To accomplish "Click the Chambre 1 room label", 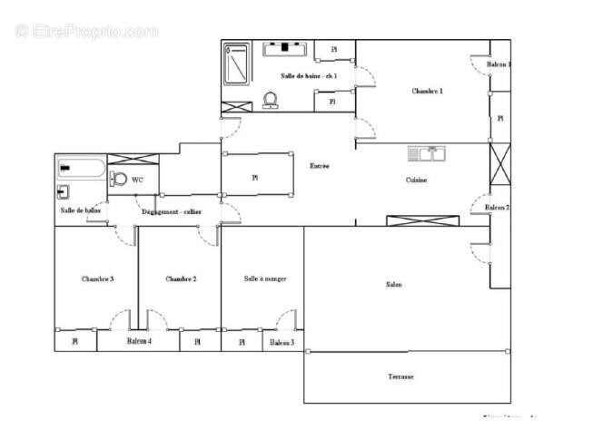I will tap(427, 91).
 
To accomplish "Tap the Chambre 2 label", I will tap(181, 279).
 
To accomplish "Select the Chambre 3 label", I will tap(97, 279).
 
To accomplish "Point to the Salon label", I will tap(393, 285).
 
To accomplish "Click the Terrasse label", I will tap(400, 376).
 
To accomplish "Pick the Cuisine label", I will tap(416, 180).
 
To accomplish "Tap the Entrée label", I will tap(320, 166).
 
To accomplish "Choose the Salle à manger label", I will tap(265, 279).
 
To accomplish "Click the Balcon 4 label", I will tap(139, 341).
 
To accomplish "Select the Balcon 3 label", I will tap(282, 342).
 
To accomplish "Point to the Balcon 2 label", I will tap(497, 208).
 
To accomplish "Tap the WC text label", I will tap(137, 180).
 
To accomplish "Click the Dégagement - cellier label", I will tap(171, 211).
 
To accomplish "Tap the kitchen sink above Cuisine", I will tap(425, 153).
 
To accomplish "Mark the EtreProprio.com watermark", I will tap(86, 31).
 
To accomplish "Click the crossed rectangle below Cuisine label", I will tap(415, 220).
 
